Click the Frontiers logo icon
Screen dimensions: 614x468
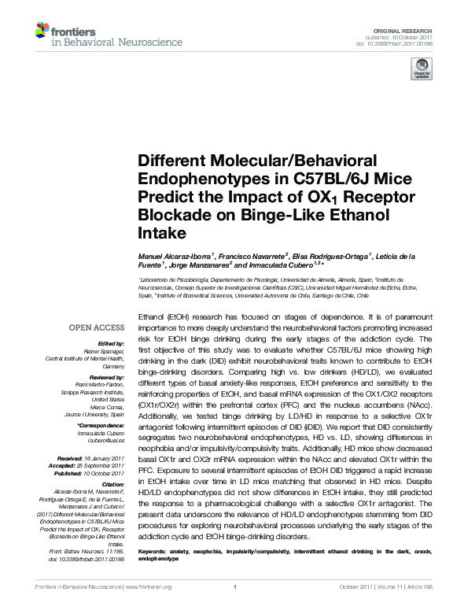[x=42, y=31]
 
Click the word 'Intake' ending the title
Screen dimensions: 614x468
[x=161, y=234]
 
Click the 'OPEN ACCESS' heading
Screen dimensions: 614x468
[x=98, y=327]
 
